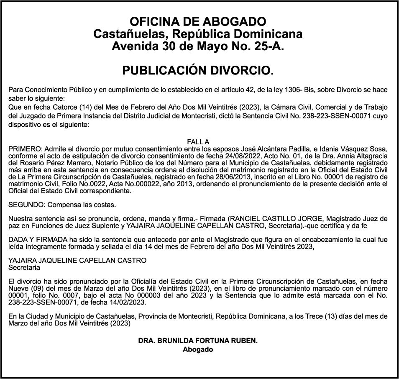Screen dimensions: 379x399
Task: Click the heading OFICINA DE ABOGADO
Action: click(198, 21)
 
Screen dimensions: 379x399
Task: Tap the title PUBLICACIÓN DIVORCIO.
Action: click(198, 71)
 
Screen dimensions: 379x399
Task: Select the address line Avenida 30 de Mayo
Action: click(198, 46)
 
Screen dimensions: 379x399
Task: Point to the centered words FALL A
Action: click(198, 142)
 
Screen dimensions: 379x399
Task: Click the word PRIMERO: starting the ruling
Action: click(25, 149)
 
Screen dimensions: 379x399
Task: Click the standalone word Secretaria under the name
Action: click(24, 267)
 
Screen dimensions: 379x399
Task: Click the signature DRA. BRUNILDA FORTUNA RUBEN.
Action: click(198, 341)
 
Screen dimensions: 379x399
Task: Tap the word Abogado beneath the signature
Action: click(198, 350)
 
